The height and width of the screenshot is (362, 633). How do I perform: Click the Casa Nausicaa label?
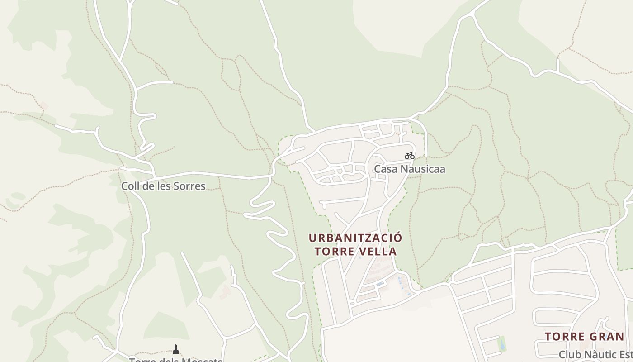(x=409, y=169)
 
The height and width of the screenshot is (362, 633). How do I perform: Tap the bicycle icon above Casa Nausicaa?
(x=410, y=156)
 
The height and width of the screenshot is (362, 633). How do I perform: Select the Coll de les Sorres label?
(x=163, y=186)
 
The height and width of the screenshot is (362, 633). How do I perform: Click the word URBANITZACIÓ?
(x=355, y=238)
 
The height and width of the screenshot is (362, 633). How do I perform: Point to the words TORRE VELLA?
(x=355, y=251)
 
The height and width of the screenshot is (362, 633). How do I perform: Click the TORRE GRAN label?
(x=584, y=337)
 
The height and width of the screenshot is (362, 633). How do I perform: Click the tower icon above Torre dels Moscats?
(x=176, y=349)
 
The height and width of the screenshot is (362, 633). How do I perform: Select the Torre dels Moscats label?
(x=175, y=360)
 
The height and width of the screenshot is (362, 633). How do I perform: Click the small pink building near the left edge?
(x=44, y=106)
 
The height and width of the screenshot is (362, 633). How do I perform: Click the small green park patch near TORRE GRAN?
(x=501, y=343)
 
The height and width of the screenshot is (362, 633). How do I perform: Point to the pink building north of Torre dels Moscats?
(x=225, y=292)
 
